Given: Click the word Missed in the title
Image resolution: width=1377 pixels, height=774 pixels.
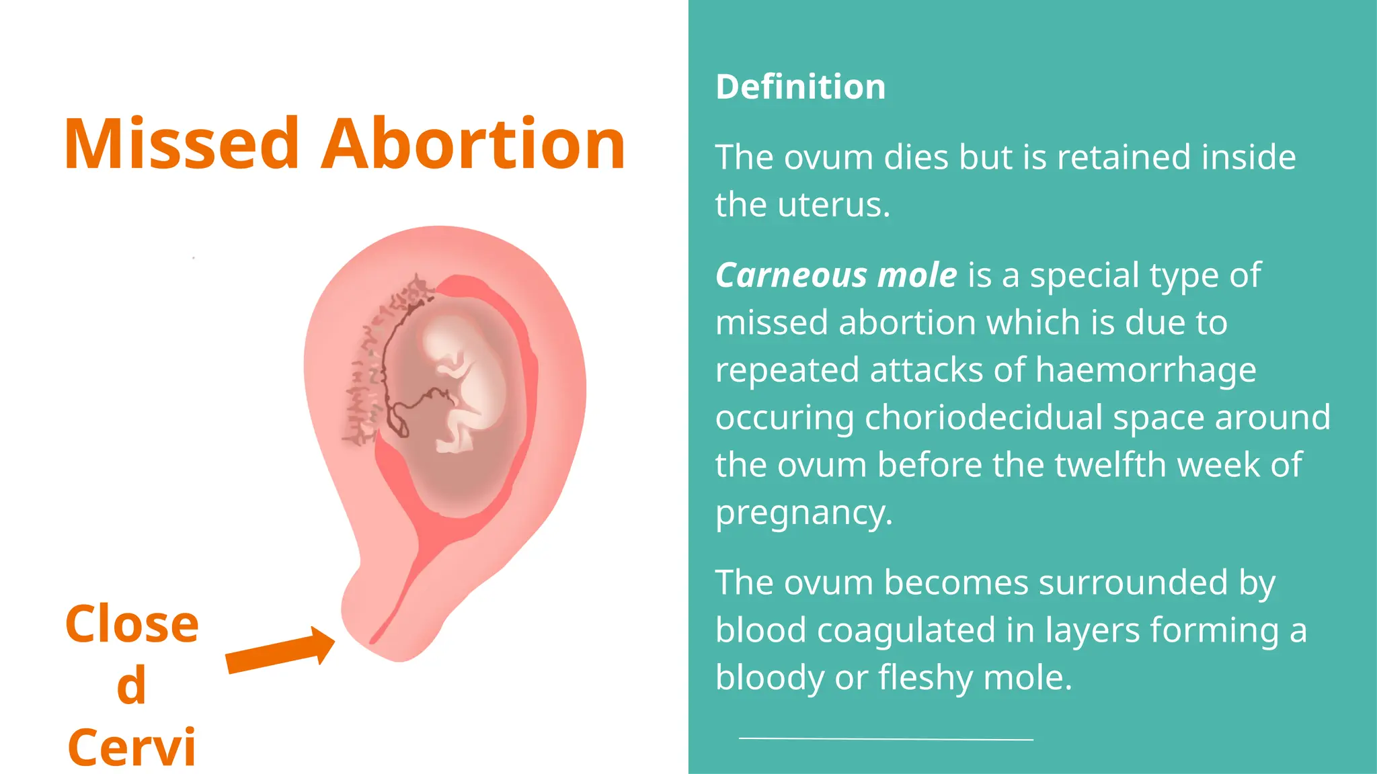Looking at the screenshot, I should point(182,144).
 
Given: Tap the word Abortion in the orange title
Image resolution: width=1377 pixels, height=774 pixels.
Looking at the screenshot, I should point(473,144).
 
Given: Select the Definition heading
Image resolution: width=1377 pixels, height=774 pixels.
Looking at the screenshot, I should point(800,87).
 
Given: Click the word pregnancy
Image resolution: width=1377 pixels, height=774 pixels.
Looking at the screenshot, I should point(803,513).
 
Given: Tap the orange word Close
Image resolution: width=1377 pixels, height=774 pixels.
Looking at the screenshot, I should point(132,624).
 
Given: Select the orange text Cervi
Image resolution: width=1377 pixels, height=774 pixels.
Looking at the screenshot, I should point(132,747).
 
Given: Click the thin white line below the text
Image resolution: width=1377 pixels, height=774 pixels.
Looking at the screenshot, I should point(886,738).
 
